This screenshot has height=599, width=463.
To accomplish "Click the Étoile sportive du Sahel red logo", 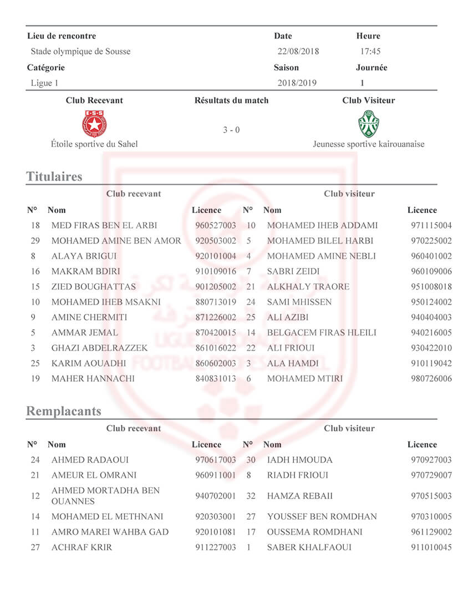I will [94, 124].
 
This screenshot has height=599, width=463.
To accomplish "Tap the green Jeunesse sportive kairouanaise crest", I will [368, 124].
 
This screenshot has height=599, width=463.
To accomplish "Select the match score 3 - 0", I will [231, 130].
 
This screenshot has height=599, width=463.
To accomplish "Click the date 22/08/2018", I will [298, 52].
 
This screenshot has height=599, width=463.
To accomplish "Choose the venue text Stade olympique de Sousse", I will [80, 52].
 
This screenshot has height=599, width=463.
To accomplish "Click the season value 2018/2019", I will [298, 83].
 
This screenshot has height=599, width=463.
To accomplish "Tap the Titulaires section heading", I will [54, 176].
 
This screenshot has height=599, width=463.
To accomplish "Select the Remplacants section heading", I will [64, 411].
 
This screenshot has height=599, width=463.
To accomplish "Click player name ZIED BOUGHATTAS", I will [93, 287].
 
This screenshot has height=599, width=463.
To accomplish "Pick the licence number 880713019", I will [216, 302].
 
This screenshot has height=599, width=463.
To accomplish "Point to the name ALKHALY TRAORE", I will [308, 287].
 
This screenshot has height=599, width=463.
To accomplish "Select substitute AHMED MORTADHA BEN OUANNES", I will [105, 496].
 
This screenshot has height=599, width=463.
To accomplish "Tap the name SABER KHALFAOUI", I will [309, 547].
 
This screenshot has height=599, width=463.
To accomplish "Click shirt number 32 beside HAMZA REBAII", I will [251, 496].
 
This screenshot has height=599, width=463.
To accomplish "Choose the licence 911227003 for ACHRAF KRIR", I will [216, 547].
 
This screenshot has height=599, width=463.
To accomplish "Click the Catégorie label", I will [46, 68].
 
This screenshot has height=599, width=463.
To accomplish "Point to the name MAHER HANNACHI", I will [93, 379].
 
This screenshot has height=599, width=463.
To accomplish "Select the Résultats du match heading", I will [231, 100].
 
